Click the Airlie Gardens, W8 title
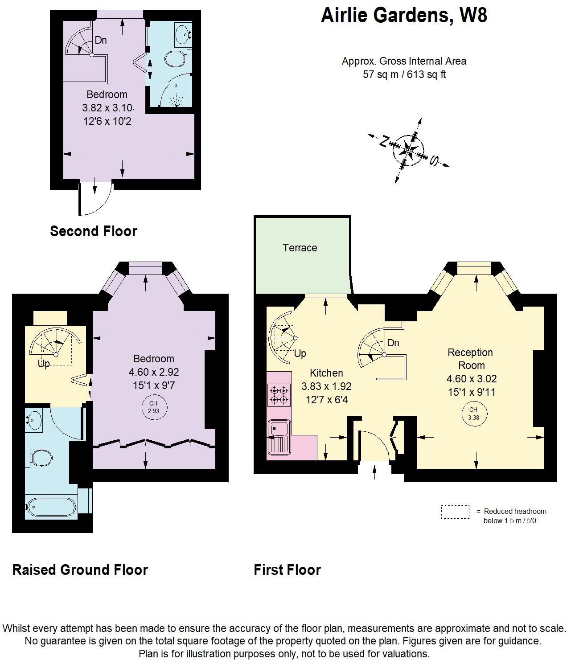click(x=404, y=16)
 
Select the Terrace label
click(x=300, y=248)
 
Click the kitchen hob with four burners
click(x=279, y=395)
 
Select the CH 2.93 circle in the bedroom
click(x=153, y=407)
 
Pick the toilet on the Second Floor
click(x=176, y=58)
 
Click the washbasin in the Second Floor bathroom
click(x=182, y=33)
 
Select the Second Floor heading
click(x=94, y=231)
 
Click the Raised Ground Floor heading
click(x=80, y=570)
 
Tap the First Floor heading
click(x=287, y=570)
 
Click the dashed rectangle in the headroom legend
click(x=455, y=512)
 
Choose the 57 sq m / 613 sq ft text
click(x=404, y=74)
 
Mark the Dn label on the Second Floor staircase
click(x=101, y=40)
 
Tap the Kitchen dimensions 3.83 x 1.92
click(x=326, y=386)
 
